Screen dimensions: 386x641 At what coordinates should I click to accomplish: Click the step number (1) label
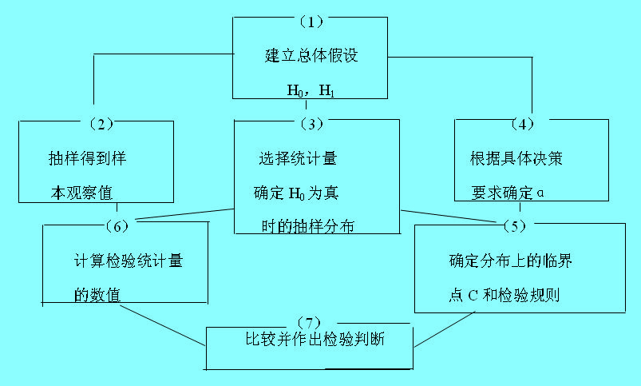[x=307, y=21]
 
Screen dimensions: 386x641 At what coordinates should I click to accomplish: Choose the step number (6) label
[x=117, y=225]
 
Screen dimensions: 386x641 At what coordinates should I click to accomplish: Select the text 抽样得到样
[x=87, y=158]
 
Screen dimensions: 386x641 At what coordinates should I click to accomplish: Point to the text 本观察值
[x=79, y=192]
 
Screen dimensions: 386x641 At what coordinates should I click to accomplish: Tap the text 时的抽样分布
[x=307, y=226]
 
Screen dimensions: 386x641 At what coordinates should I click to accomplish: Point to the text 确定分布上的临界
[x=510, y=261]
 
